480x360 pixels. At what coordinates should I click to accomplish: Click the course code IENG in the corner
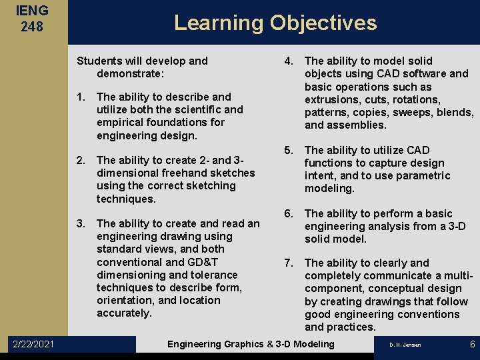point(33,11)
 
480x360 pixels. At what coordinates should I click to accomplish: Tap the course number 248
point(33,27)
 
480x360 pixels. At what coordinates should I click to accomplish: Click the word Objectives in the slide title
point(323,23)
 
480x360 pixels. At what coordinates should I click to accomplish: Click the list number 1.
point(81,97)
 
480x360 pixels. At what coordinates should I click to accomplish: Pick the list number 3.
point(81,223)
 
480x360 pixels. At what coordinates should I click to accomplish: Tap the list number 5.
point(289,150)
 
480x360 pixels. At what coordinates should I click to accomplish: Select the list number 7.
point(289,263)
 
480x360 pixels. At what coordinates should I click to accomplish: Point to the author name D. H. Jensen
point(405,345)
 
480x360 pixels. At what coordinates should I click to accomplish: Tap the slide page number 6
point(472,344)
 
